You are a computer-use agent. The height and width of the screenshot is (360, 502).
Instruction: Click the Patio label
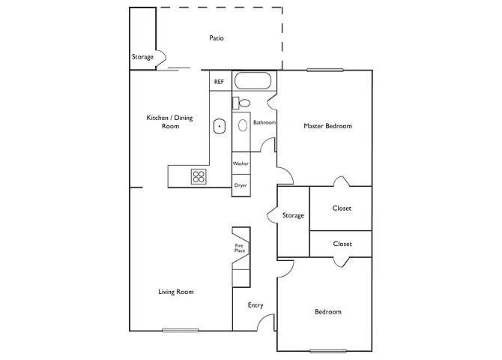pyautogui.click(x=217, y=38)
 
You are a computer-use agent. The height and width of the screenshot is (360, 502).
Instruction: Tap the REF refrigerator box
pyautogui.click(x=220, y=81)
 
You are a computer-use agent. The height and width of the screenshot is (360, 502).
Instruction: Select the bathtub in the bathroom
pyautogui.click(x=253, y=81)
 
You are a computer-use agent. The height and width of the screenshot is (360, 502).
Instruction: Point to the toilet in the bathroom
pyautogui.click(x=242, y=103)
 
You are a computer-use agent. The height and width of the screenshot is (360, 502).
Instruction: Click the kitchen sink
pyautogui.click(x=220, y=126)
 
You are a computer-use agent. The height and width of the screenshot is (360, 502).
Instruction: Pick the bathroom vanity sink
pyautogui.click(x=243, y=125)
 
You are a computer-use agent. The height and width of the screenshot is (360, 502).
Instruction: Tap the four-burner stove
pyautogui.click(x=199, y=177)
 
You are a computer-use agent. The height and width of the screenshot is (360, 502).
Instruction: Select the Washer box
pyautogui.click(x=241, y=163)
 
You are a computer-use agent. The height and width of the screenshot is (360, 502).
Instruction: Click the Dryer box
pyautogui.click(x=241, y=185)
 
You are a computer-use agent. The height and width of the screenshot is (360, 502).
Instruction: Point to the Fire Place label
pyautogui.click(x=240, y=248)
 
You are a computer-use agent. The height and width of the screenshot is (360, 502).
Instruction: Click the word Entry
pyautogui.click(x=255, y=305)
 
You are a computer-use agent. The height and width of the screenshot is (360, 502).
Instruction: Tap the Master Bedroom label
pyautogui.click(x=328, y=126)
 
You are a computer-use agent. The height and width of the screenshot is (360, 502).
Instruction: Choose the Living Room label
pyautogui.click(x=176, y=292)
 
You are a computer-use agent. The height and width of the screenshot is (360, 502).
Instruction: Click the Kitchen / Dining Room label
pyautogui.click(x=169, y=121)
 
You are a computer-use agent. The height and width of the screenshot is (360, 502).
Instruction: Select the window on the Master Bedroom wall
pyautogui.click(x=325, y=70)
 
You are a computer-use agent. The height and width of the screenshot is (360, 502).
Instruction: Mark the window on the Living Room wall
pyautogui.click(x=181, y=331)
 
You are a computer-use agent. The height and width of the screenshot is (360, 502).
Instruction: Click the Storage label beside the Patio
pyautogui.click(x=143, y=57)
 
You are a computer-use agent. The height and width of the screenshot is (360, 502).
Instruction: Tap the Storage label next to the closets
pyautogui.click(x=293, y=215)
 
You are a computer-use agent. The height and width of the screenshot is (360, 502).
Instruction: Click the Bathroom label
pyautogui.click(x=264, y=122)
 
